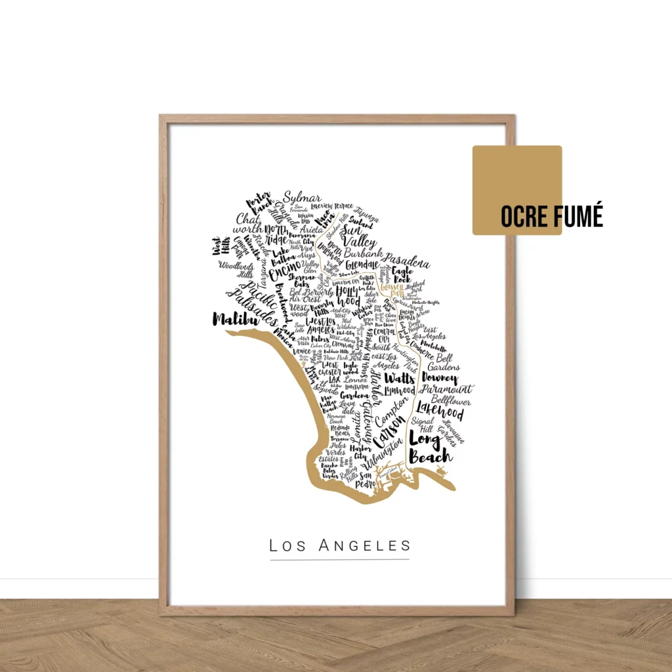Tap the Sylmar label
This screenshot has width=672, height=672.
(x=302, y=199)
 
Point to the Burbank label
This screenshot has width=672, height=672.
(x=362, y=253)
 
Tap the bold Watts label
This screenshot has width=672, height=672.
(x=399, y=378)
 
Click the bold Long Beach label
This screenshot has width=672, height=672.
(x=429, y=446)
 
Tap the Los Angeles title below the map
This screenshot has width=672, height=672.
(x=339, y=545)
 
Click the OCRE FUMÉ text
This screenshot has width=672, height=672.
(x=551, y=216)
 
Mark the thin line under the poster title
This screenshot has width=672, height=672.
(x=339, y=560)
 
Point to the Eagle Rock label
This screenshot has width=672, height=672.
(x=402, y=274)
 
